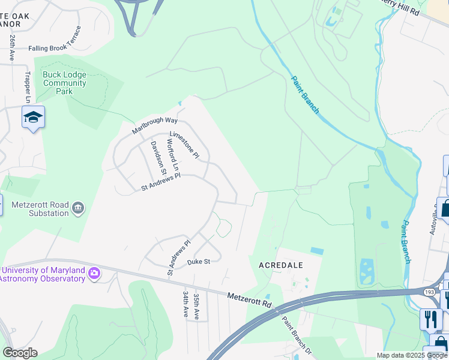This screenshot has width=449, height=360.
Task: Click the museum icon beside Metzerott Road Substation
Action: (x=77, y=208)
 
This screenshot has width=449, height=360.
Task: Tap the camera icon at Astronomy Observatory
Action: (x=94, y=274)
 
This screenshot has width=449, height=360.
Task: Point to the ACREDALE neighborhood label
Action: (x=281, y=265)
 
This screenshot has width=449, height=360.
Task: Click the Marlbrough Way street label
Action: (x=155, y=120)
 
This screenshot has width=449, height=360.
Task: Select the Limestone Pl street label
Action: (x=184, y=145)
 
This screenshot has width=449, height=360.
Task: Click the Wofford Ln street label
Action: (x=173, y=154)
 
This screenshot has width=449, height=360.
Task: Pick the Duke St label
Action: (x=198, y=262)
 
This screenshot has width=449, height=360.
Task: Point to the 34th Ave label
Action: (x=185, y=305)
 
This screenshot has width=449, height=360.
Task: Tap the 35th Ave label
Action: (x=197, y=305)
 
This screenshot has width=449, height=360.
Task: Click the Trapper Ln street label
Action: (x=28, y=86)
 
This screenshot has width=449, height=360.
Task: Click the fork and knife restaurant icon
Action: (x=430, y=319)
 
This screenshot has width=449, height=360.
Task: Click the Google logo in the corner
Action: (x=20, y=353)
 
